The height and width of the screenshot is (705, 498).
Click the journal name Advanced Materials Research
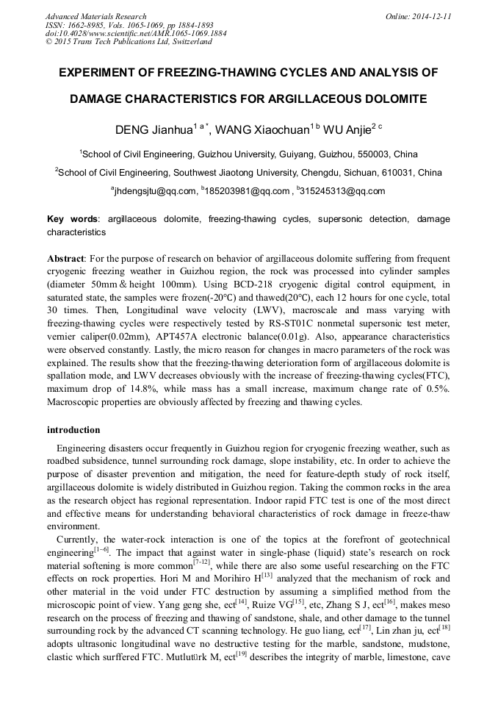click(96, 16)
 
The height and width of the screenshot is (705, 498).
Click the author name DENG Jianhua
click(154, 130)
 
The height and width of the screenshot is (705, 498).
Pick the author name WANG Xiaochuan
click(264, 130)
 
